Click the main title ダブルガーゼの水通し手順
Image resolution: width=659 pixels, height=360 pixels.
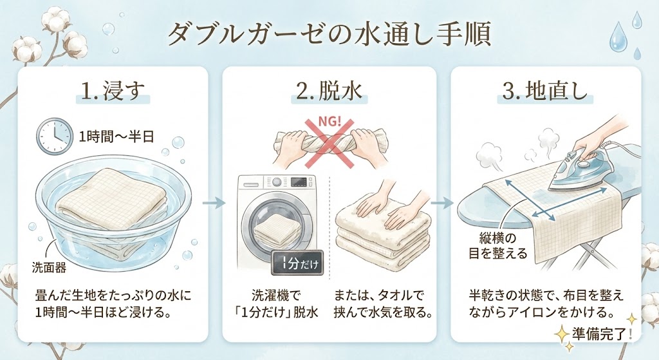click(x=329, y=35)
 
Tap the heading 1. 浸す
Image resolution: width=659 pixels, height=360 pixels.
click(x=113, y=91)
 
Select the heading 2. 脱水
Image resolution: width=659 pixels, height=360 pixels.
click(x=329, y=91)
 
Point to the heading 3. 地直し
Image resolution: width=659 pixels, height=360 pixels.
click(x=545, y=91)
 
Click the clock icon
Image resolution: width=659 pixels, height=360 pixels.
click(x=54, y=135)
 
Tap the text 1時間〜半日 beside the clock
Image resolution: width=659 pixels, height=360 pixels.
click(x=116, y=137)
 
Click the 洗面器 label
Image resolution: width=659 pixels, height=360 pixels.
click(x=49, y=267)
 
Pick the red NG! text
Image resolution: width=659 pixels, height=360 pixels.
click(x=331, y=122)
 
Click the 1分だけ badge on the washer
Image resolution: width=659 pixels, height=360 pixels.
click(x=297, y=263)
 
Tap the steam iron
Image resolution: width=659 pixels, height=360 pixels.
click(x=575, y=170)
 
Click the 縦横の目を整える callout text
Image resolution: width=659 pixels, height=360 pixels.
click(x=497, y=247)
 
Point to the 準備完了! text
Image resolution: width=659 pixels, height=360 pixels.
click(x=602, y=334)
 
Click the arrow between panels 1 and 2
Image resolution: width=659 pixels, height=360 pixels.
click(x=214, y=204)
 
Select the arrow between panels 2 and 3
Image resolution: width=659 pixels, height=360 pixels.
click(x=443, y=204)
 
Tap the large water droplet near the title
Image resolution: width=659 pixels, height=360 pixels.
click(x=621, y=36)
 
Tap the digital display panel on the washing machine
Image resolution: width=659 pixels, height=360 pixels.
click(x=300, y=182)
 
